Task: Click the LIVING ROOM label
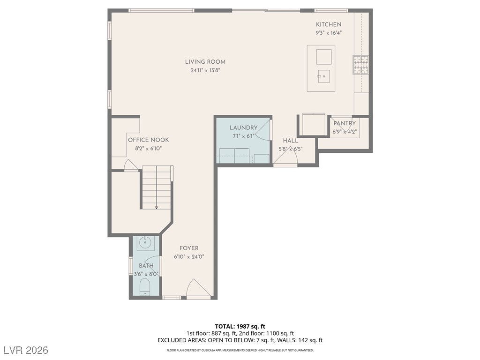point(205,62)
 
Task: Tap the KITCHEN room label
point(329,24)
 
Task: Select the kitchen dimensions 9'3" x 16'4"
point(329,33)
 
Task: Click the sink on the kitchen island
point(323,76)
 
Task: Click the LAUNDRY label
point(244,127)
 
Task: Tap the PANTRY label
point(345,123)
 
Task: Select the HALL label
point(291,141)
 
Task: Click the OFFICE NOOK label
point(149,140)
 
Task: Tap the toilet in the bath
point(144,287)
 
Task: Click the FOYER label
point(189,248)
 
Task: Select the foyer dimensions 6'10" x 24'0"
point(189,257)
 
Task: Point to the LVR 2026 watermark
point(26,350)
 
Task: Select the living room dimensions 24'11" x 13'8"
point(205,70)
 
